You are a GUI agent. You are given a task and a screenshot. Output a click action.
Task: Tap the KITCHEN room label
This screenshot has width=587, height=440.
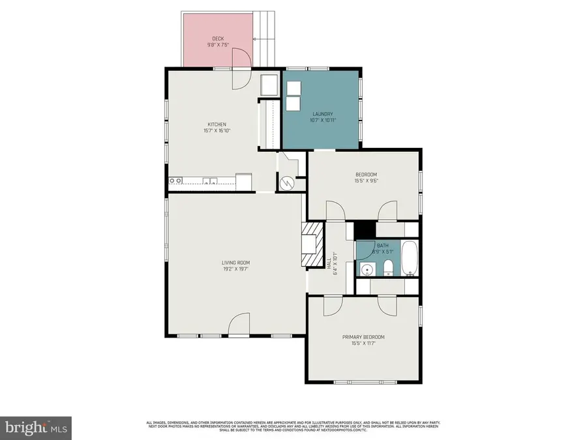click(x=217, y=124)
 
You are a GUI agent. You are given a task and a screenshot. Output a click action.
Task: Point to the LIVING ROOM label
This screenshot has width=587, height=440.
click(x=235, y=263)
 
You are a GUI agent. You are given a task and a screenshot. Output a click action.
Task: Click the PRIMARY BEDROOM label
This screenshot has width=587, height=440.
click(x=363, y=337)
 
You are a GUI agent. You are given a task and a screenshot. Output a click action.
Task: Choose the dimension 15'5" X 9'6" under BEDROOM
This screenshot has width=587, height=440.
click(x=366, y=181)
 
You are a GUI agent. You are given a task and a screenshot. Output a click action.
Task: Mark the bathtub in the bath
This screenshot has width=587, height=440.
click(x=410, y=258)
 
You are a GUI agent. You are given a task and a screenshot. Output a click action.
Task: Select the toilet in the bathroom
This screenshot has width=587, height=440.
click(x=387, y=267)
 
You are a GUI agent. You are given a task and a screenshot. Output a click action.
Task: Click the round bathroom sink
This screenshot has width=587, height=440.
click(x=367, y=269)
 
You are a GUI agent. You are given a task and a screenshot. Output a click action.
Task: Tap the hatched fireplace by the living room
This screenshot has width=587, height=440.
click(x=312, y=244)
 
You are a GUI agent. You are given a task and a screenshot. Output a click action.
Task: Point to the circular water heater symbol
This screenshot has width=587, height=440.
click(x=286, y=184)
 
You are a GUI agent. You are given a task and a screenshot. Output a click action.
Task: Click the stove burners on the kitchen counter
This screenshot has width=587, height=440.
click(x=175, y=181)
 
